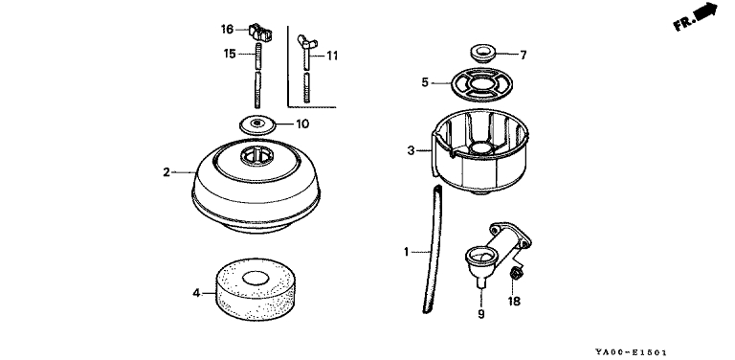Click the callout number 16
point(227,30)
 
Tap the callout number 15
point(230,54)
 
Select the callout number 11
point(332,56)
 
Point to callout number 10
point(302,124)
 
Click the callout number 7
point(523,56)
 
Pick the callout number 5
point(425,83)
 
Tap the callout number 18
point(514,302)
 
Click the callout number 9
point(481,314)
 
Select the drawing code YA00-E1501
point(631,352)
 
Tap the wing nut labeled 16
point(260,32)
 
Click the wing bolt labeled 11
point(306,70)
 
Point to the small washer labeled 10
point(256,124)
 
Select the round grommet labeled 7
point(481,53)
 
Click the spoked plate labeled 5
point(481,84)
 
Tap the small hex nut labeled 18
point(517,271)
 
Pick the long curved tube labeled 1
point(434,248)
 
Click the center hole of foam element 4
point(256,279)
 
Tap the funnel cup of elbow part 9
point(480,259)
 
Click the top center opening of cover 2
point(256,156)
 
